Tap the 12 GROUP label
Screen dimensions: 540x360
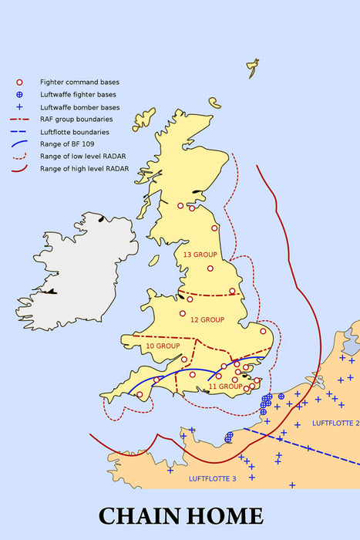[x=207, y=319]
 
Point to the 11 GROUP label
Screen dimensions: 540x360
[x=226, y=386]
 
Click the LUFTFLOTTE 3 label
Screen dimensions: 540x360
[x=213, y=479]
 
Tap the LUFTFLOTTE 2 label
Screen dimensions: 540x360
[x=335, y=424]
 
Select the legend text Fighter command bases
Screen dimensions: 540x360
[x=79, y=82]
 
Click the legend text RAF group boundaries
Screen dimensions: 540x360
[x=76, y=119]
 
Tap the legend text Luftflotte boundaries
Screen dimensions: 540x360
[x=76, y=131]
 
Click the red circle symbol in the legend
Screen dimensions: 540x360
[x=20, y=82]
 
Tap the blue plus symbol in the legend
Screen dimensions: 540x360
[x=20, y=106]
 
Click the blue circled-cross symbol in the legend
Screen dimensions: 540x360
[x=20, y=94]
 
